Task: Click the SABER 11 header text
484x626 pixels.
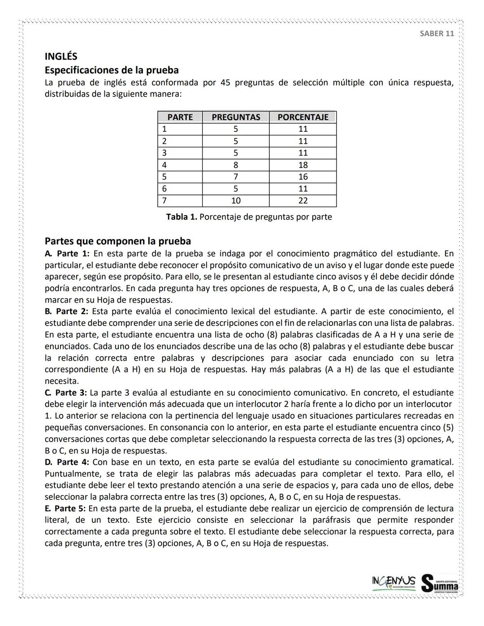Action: click(436, 34)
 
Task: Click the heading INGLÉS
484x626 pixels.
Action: click(61, 56)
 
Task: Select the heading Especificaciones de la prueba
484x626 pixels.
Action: click(112, 70)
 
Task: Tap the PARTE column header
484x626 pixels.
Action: click(180, 117)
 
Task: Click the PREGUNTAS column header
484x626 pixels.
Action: click(236, 117)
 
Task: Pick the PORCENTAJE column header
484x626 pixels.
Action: click(303, 117)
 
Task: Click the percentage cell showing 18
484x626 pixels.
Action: click(303, 165)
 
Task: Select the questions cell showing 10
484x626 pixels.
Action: click(236, 201)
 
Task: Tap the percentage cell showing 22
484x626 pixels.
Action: click(303, 201)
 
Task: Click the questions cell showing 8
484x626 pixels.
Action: click(236, 165)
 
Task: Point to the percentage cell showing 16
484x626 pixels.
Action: click(303, 177)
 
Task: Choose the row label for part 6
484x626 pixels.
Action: click(164, 189)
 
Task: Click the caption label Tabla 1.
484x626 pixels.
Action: click(181, 217)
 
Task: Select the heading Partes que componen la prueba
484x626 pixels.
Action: click(118, 241)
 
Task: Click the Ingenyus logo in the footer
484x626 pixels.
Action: click(393, 582)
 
